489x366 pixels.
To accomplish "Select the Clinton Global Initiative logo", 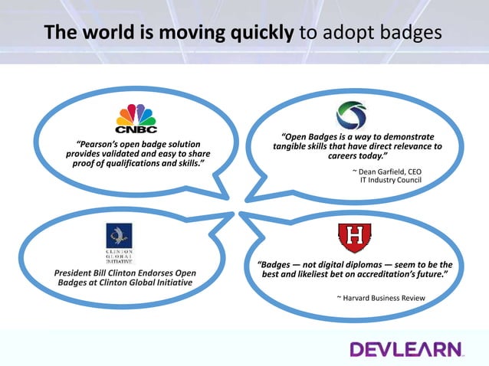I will point(118,241).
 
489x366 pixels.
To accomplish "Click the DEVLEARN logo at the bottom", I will point(406,349).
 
